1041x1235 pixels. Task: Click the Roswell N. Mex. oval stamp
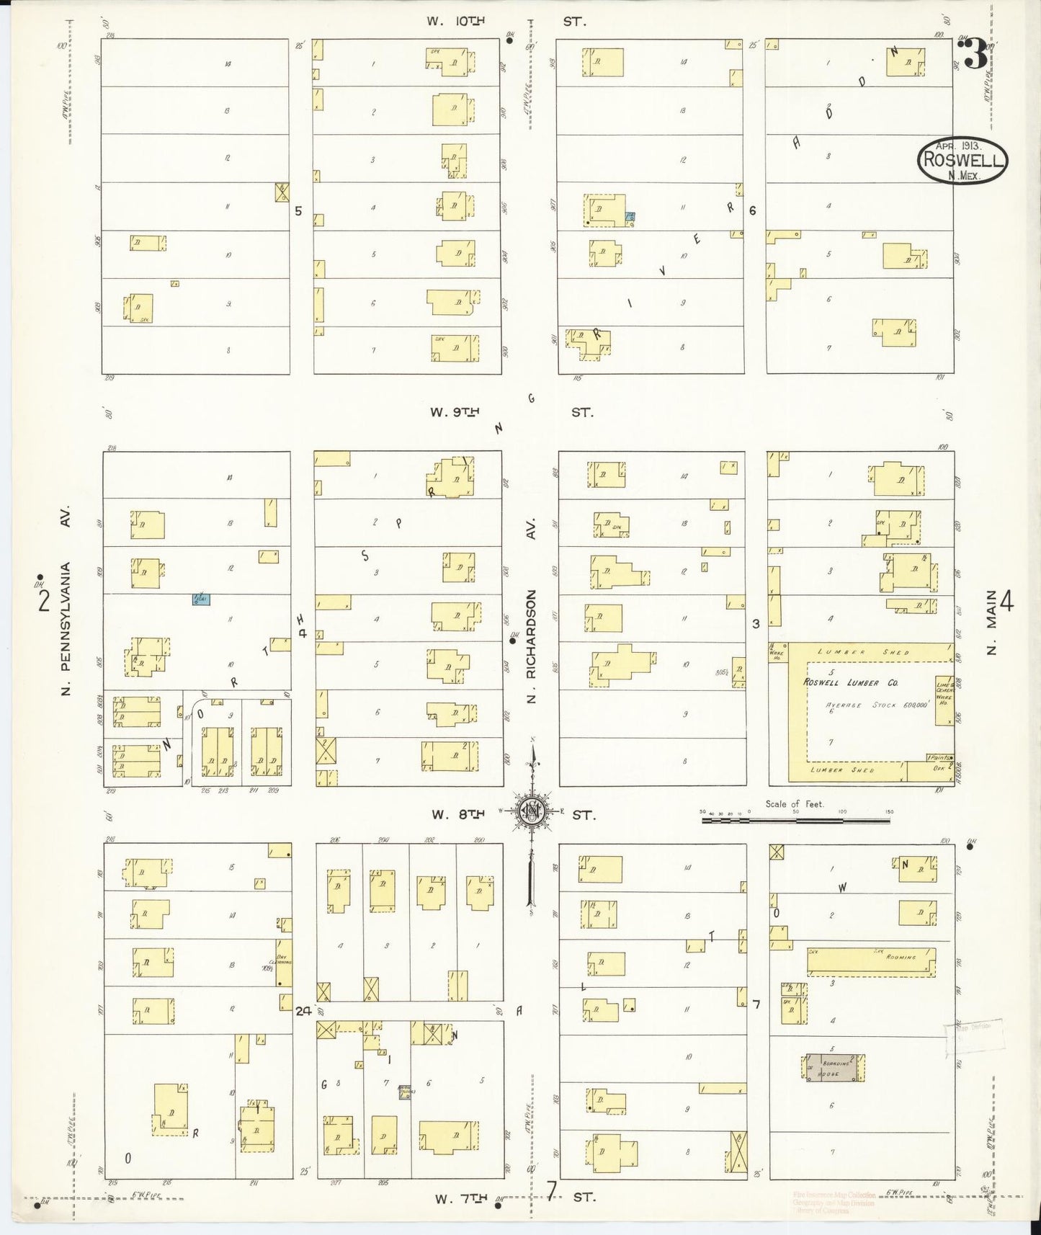click(x=962, y=160)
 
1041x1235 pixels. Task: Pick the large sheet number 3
click(x=975, y=55)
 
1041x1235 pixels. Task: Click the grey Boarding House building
click(x=833, y=1067)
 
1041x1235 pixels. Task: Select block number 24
click(x=303, y=1011)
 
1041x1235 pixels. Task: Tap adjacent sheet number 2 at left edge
click(x=44, y=600)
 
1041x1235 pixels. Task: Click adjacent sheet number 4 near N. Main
click(x=1007, y=600)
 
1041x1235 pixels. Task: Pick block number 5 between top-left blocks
click(x=298, y=211)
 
